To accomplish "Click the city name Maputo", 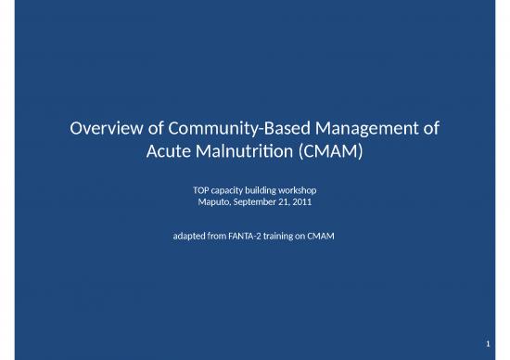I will (x=200, y=201).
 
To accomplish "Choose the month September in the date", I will (x=244, y=201).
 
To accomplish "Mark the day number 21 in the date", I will (x=275, y=201).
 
